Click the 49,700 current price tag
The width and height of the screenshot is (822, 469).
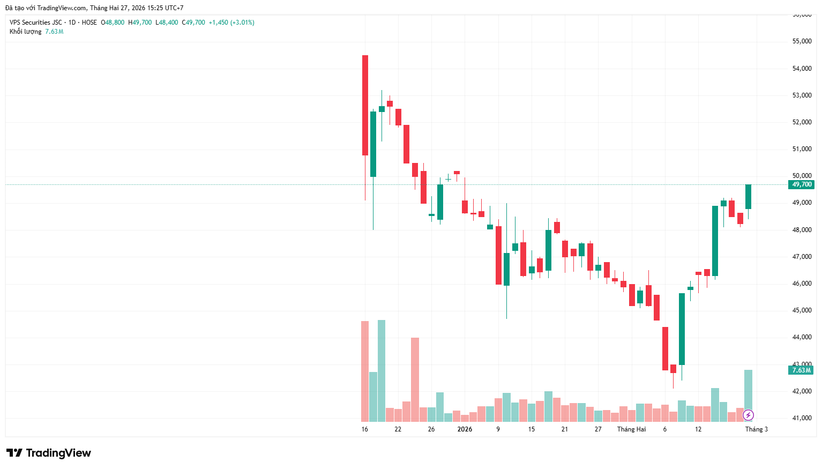[x=802, y=184]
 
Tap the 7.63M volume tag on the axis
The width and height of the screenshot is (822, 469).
[x=801, y=370]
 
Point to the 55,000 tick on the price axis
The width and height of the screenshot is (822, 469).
[x=802, y=41]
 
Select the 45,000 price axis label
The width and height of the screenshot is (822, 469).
[x=802, y=310]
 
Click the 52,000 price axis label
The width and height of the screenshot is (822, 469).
[x=802, y=122]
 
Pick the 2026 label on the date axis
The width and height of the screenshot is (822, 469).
[x=465, y=429]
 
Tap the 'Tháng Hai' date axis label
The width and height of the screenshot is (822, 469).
[x=631, y=429]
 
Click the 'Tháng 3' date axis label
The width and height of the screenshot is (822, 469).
[x=756, y=429]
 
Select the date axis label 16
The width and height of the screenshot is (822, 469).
[x=365, y=429]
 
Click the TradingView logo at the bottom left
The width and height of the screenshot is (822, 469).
[x=49, y=453]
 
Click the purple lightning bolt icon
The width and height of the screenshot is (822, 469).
[x=748, y=415]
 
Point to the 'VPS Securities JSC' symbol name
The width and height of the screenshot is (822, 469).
[x=36, y=23]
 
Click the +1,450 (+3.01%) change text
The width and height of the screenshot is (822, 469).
[x=231, y=23]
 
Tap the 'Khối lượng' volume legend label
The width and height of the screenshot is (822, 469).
[x=25, y=32]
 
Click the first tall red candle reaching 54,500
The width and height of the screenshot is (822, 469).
[x=365, y=105]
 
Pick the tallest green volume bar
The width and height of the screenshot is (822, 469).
[x=382, y=370]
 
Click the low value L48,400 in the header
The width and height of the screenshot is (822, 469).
[x=167, y=23]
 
